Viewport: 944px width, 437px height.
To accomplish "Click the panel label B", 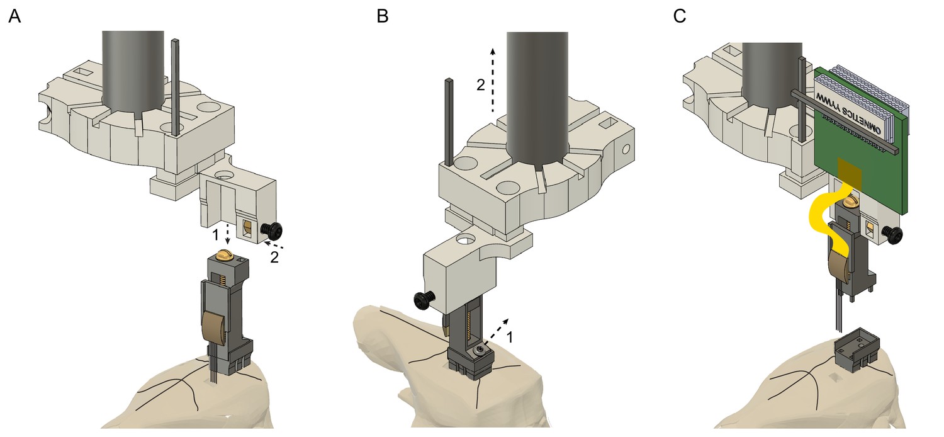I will click(382, 17).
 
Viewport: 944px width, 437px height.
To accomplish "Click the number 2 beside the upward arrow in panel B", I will click(480, 86).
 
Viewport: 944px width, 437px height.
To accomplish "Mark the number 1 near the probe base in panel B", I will click(510, 338).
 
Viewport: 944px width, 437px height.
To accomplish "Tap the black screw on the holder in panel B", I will click(422, 300).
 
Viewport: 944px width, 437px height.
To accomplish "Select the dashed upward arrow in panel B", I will click(493, 79).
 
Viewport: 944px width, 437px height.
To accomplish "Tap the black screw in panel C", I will click(894, 234).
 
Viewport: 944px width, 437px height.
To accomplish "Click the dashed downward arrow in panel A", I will click(227, 233).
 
